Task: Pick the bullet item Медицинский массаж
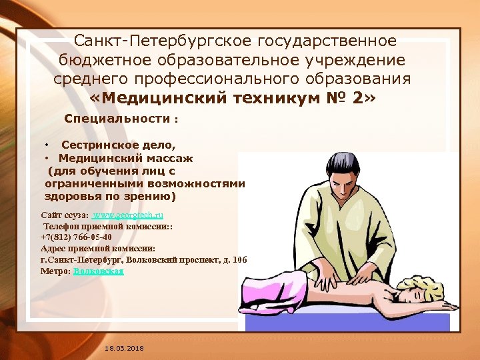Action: point(125,158)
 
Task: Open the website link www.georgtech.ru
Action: point(127,215)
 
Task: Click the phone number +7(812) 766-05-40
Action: point(76,237)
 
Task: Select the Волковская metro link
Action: point(99,271)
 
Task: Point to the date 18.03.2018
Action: point(125,349)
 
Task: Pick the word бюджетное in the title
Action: point(106,60)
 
